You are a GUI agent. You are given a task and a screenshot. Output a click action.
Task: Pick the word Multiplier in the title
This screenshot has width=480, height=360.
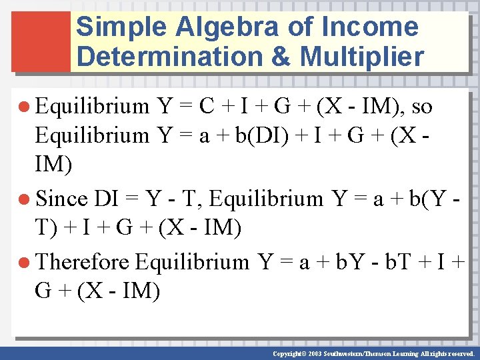pyautogui.click(x=362, y=57)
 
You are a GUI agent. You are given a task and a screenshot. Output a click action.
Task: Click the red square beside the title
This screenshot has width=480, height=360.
pyautogui.click(x=41, y=41)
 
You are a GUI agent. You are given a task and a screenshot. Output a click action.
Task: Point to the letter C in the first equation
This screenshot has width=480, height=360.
pyautogui.click(x=207, y=106)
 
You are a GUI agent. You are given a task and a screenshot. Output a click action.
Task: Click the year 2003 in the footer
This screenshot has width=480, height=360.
pyautogui.click(x=314, y=354)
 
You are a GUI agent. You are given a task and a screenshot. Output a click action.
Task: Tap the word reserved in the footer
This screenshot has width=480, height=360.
pyautogui.click(x=459, y=354)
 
